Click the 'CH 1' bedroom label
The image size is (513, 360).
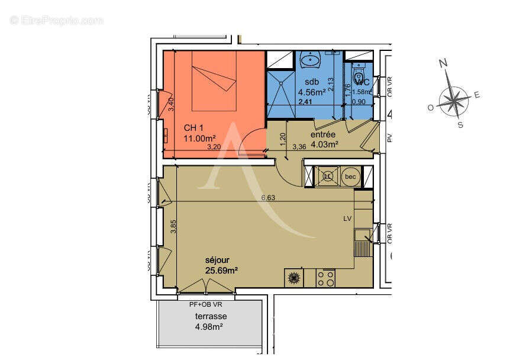(x=194, y=128)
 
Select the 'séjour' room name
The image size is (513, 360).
(x=217, y=259)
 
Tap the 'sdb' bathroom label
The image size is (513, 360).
(x=312, y=82)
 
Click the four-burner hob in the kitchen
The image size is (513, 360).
(x=325, y=278)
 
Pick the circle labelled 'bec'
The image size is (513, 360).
(x=351, y=176)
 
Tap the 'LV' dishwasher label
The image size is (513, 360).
(x=347, y=218)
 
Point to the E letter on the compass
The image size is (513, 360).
(x=477, y=95)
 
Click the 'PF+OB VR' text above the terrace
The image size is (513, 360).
(x=207, y=304)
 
